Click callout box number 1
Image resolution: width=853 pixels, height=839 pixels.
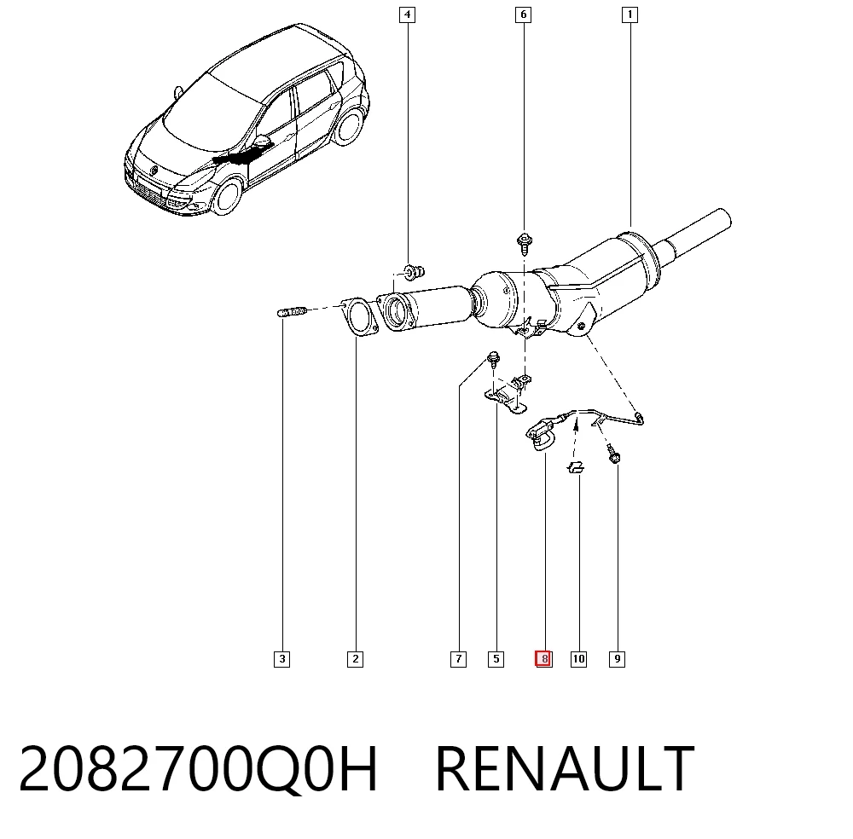click(630, 14)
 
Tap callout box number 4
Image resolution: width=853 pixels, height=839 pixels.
click(407, 14)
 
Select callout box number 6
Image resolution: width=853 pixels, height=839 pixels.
click(524, 14)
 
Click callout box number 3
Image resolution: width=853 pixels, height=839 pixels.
click(281, 659)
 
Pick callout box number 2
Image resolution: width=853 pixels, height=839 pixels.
click(355, 659)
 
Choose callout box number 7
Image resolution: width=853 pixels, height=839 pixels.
click(459, 659)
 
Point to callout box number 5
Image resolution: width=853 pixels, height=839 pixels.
click(496, 659)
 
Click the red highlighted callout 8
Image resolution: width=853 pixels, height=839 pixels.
click(543, 659)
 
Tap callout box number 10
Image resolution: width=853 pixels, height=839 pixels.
click(579, 659)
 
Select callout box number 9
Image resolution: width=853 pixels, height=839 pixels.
click(617, 659)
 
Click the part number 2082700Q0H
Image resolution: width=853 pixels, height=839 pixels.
click(198, 769)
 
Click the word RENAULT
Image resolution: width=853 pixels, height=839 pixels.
click(566, 768)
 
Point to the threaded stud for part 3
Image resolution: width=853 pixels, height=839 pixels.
click(292, 312)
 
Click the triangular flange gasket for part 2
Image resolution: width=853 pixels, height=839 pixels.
click(359, 317)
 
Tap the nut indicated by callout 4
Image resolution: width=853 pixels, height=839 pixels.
click(414, 271)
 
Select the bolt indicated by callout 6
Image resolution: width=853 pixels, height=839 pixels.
click(525, 244)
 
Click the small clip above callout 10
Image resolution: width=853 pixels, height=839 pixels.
click(576, 467)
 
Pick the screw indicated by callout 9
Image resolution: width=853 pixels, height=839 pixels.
click(613, 454)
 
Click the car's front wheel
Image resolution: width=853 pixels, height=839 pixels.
click(228, 196)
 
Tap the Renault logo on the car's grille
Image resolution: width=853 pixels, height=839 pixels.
click(154, 171)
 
